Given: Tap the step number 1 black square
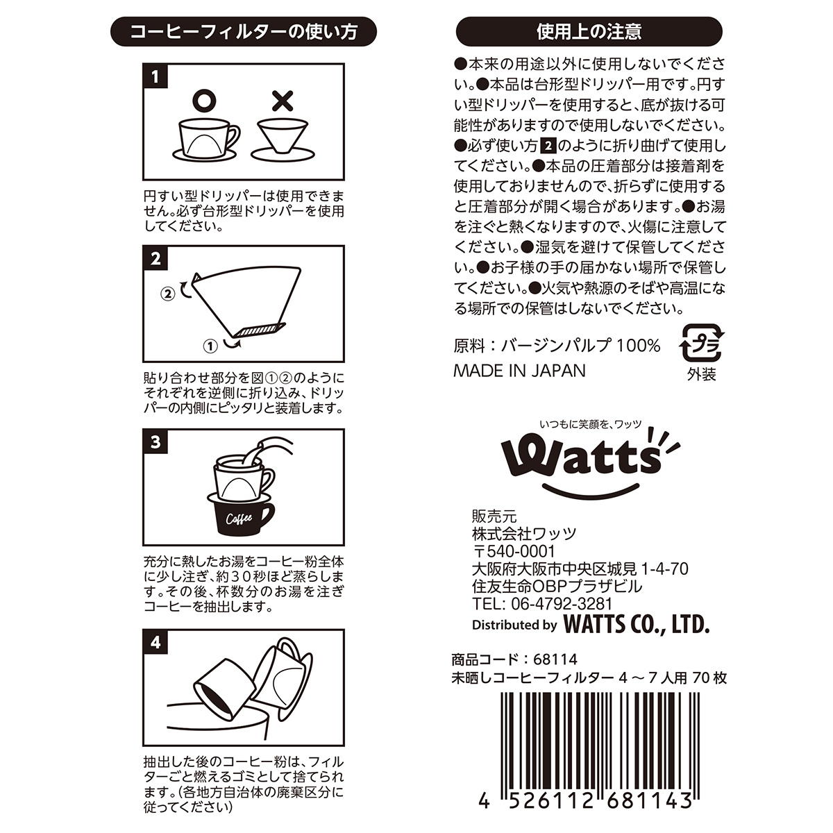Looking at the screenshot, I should (x=155, y=76).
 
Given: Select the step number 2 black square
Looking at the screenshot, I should (x=155, y=258).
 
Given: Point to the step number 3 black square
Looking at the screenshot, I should (x=155, y=441).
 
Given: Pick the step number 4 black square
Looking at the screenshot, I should (x=155, y=641).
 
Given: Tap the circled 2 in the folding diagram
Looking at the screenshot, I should (x=167, y=293).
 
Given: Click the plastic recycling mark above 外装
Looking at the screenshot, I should (x=701, y=342).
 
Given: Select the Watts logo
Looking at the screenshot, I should (x=583, y=458).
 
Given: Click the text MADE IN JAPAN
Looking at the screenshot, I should (x=519, y=371).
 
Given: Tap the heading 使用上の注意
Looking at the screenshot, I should (x=589, y=31).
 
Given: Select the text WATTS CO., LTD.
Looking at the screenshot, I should (x=636, y=624).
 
